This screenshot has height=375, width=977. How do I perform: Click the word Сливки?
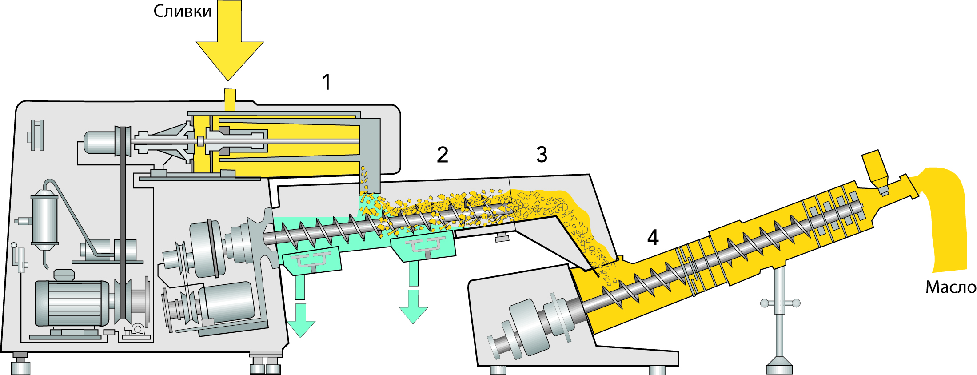(x=183, y=11)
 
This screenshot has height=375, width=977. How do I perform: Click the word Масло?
(x=950, y=287)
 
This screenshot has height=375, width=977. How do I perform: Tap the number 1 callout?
(x=327, y=82)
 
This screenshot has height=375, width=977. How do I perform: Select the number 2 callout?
(x=442, y=155)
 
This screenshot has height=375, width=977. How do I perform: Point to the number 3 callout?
(x=542, y=155)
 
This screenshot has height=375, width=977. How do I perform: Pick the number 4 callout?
(x=652, y=238)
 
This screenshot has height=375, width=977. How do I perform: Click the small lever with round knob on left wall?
(x=19, y=258)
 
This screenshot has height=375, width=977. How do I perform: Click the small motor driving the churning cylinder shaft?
(x=100, y=142)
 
